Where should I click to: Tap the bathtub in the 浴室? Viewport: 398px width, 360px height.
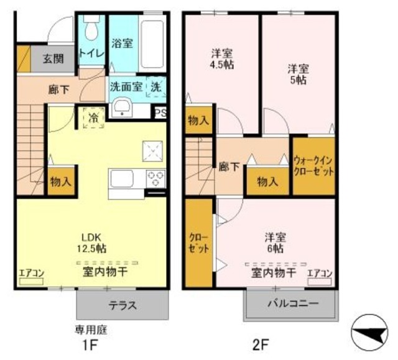(152, 44)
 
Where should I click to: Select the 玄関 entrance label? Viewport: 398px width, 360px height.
(53, 59)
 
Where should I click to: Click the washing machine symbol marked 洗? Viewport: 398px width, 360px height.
(156, 87)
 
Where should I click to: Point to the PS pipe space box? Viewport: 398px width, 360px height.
(160, 113)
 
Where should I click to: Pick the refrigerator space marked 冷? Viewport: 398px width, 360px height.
(94, 118)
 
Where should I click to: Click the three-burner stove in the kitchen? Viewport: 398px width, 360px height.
(155, 178)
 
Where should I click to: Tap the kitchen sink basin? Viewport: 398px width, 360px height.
(121, 178)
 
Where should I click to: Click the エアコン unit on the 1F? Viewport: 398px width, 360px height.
(32, 282)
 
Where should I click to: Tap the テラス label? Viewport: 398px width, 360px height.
(123, 305)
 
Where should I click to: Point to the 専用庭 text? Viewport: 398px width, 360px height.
(91, 330)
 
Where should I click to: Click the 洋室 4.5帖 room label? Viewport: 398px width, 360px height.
(221, 59)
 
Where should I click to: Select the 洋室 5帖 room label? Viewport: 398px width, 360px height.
(298, 74)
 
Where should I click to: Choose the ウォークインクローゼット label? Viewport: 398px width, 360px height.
(313, 167)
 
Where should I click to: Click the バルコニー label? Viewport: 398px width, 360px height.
(293, 303)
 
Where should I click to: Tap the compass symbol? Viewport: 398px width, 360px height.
(369, 333)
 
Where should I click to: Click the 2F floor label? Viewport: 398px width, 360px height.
(261, 344)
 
